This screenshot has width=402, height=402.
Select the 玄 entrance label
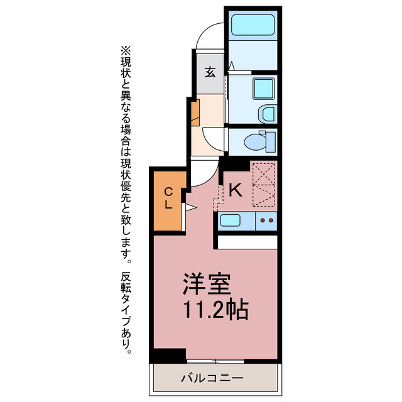tap(209, 72)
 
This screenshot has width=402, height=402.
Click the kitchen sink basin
tap(229, 220)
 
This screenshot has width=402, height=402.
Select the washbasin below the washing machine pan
tap(267, 114)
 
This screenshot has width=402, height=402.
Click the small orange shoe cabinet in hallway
tap(195, 111)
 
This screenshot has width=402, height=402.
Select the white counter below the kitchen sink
tap(247, 241)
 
